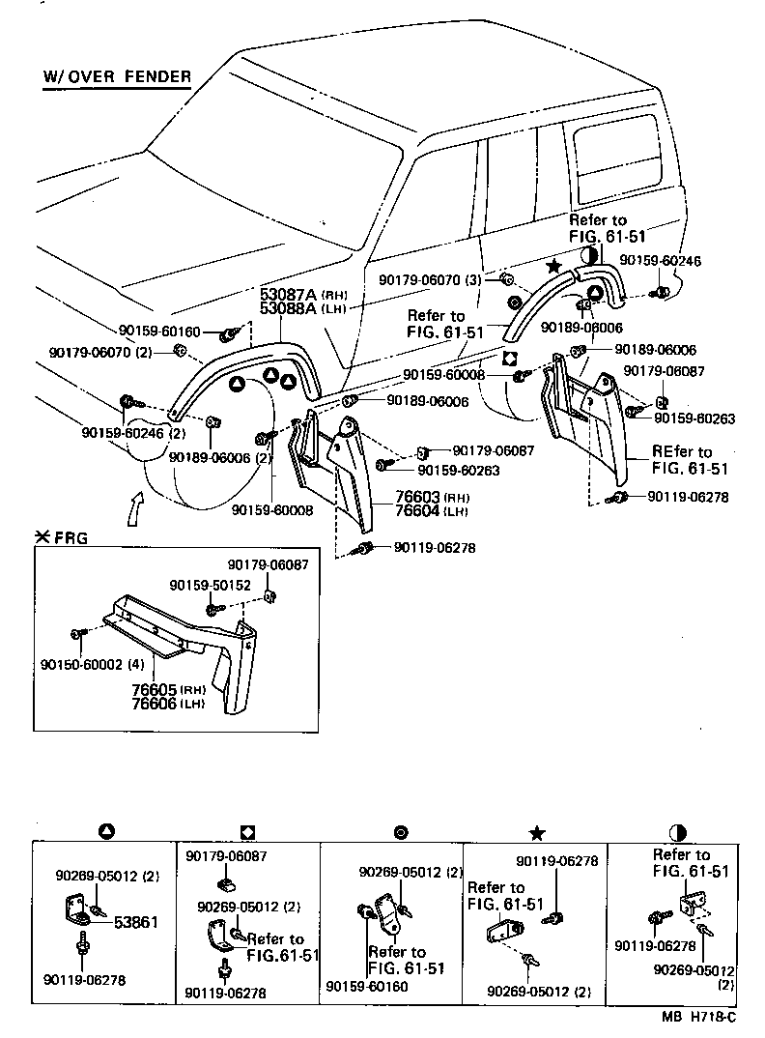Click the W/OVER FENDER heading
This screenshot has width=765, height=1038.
click(x=117, y=76)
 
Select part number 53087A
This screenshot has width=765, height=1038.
click(x=288, y=294)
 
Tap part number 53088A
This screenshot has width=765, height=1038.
click(x=288, y=308)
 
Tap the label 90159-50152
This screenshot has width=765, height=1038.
click(x=210, y=586)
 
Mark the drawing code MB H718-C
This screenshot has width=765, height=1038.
click(x=698, y=1016)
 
